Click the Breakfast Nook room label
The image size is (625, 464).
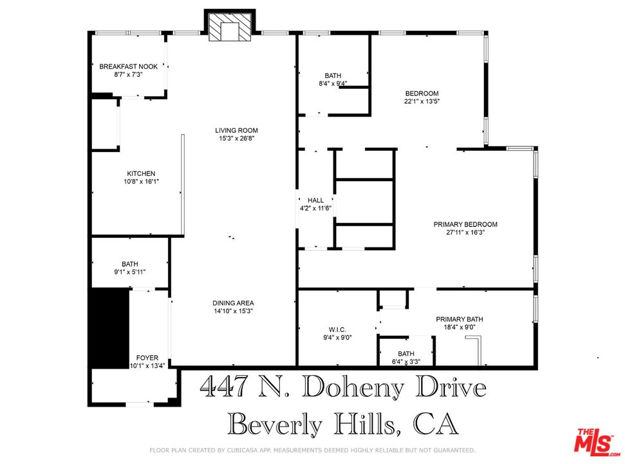[x=128, y=66]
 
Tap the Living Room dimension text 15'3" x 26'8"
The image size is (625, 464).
[x=236, y=139]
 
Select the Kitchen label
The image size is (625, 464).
[x=141, y=173]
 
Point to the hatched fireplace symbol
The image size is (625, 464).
[x=230, y=26]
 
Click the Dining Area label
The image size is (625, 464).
[x=233, y=304]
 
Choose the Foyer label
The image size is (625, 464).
[x=147, y=358]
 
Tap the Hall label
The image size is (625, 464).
[x=315, y=200]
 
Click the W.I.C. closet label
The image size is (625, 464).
[x=337, y=329]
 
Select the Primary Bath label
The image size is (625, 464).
[x=459, y=319]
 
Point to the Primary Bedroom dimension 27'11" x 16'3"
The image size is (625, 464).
[x=465, y=232]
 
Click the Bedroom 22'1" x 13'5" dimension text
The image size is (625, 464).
[x=422, y=101]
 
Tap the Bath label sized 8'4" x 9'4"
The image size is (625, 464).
[x=333, y=76]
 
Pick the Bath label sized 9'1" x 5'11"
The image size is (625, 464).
[x=130, y=264]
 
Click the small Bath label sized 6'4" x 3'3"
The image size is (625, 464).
[x=406, y=354]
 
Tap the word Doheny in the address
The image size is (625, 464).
[x=353, y=388]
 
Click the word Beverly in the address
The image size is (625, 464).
[x=275, y=423]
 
